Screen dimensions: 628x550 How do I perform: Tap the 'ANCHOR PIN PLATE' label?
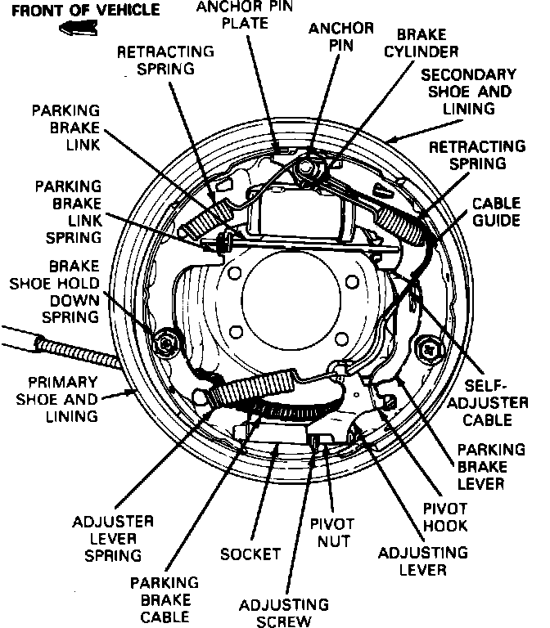tap(234, 15)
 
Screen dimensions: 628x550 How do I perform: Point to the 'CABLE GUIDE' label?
tap(497, 211)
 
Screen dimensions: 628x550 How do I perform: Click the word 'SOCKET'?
tap(251, 554)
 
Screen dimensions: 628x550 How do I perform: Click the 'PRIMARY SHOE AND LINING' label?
tap(62, 399)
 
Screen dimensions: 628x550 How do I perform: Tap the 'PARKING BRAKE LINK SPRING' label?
tap(68, 211)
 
